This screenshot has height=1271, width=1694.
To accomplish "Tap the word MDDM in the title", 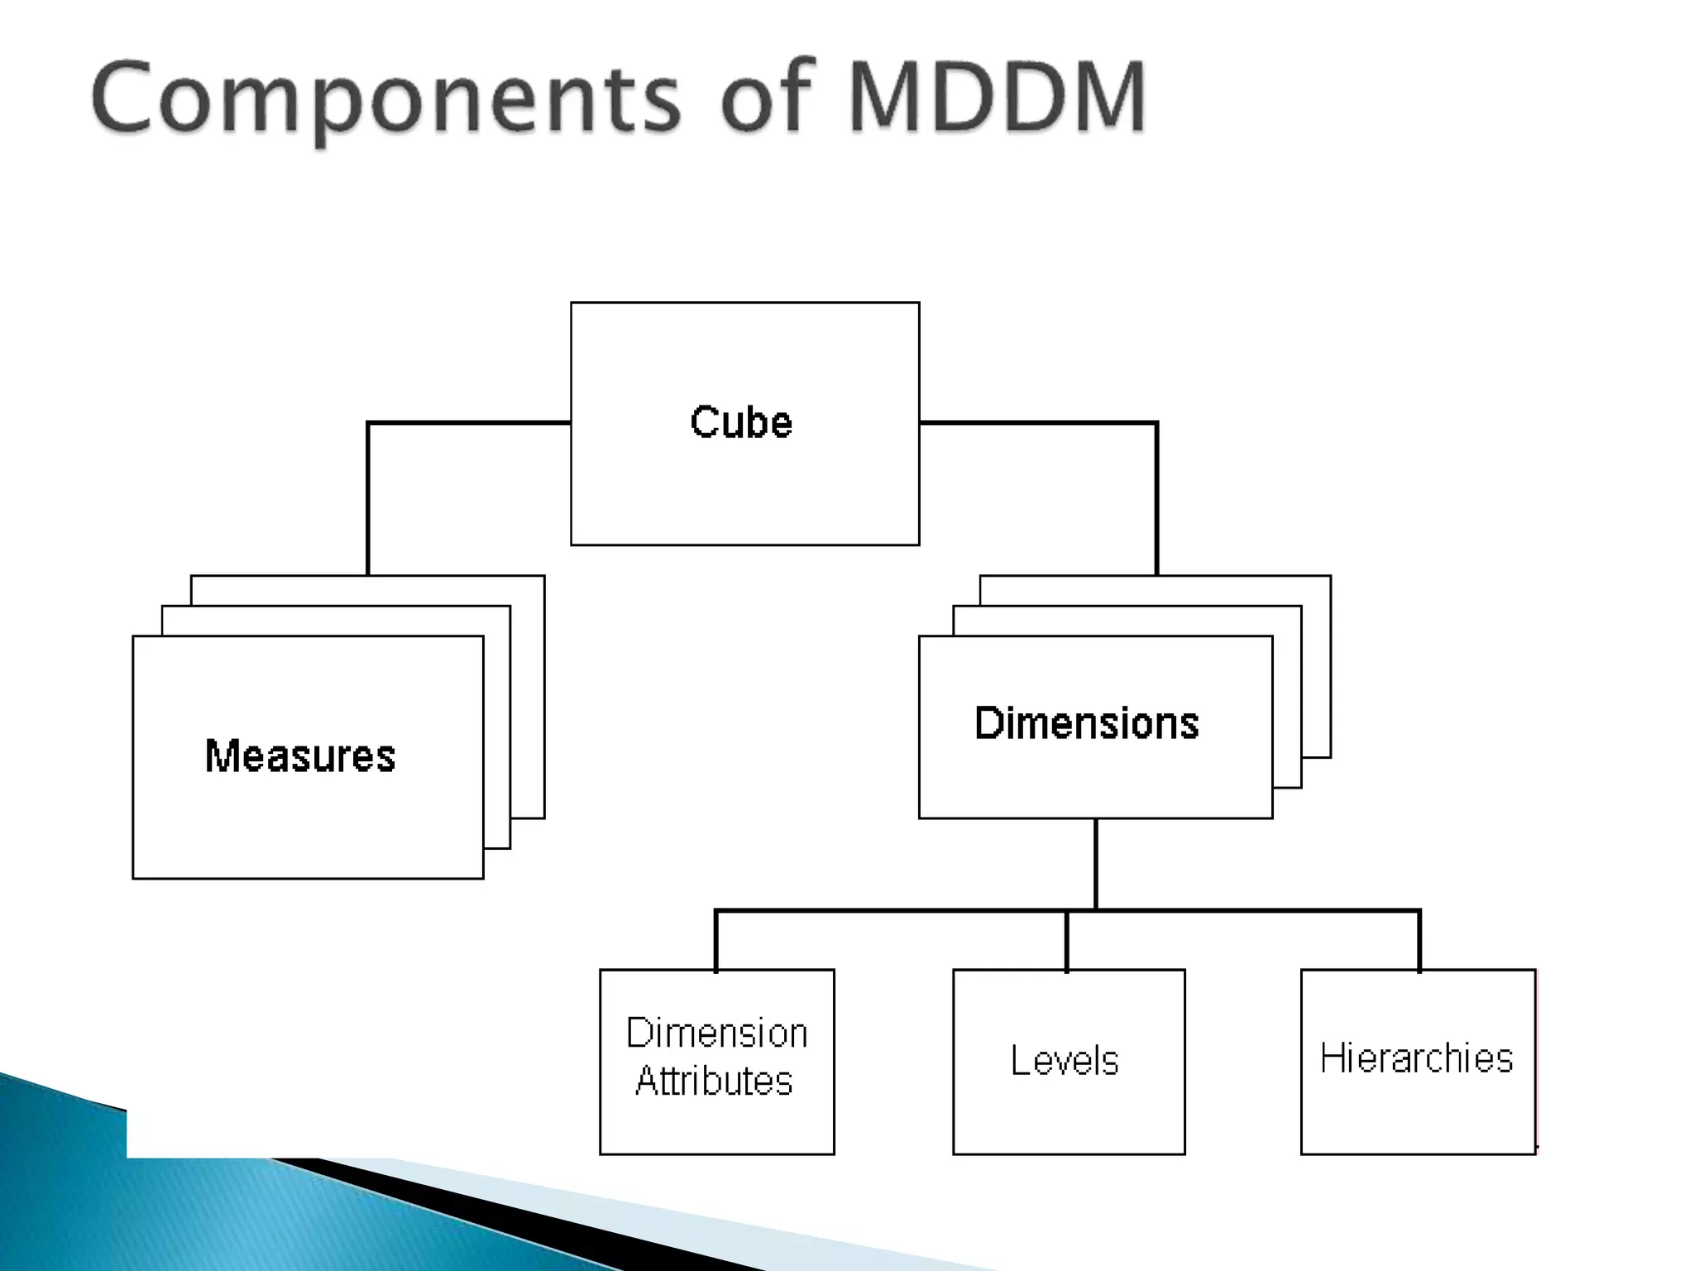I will pos(998,98).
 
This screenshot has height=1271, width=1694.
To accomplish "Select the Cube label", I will pos(741,422).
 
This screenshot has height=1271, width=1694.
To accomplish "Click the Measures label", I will pos(300,756).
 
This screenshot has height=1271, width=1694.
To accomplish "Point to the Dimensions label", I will pos(1087,723).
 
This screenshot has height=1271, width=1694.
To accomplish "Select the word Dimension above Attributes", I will pos(716,1034).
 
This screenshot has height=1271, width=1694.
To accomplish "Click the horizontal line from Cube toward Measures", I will pos(470,423).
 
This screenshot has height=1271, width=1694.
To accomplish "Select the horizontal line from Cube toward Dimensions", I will pos(1038,423).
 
